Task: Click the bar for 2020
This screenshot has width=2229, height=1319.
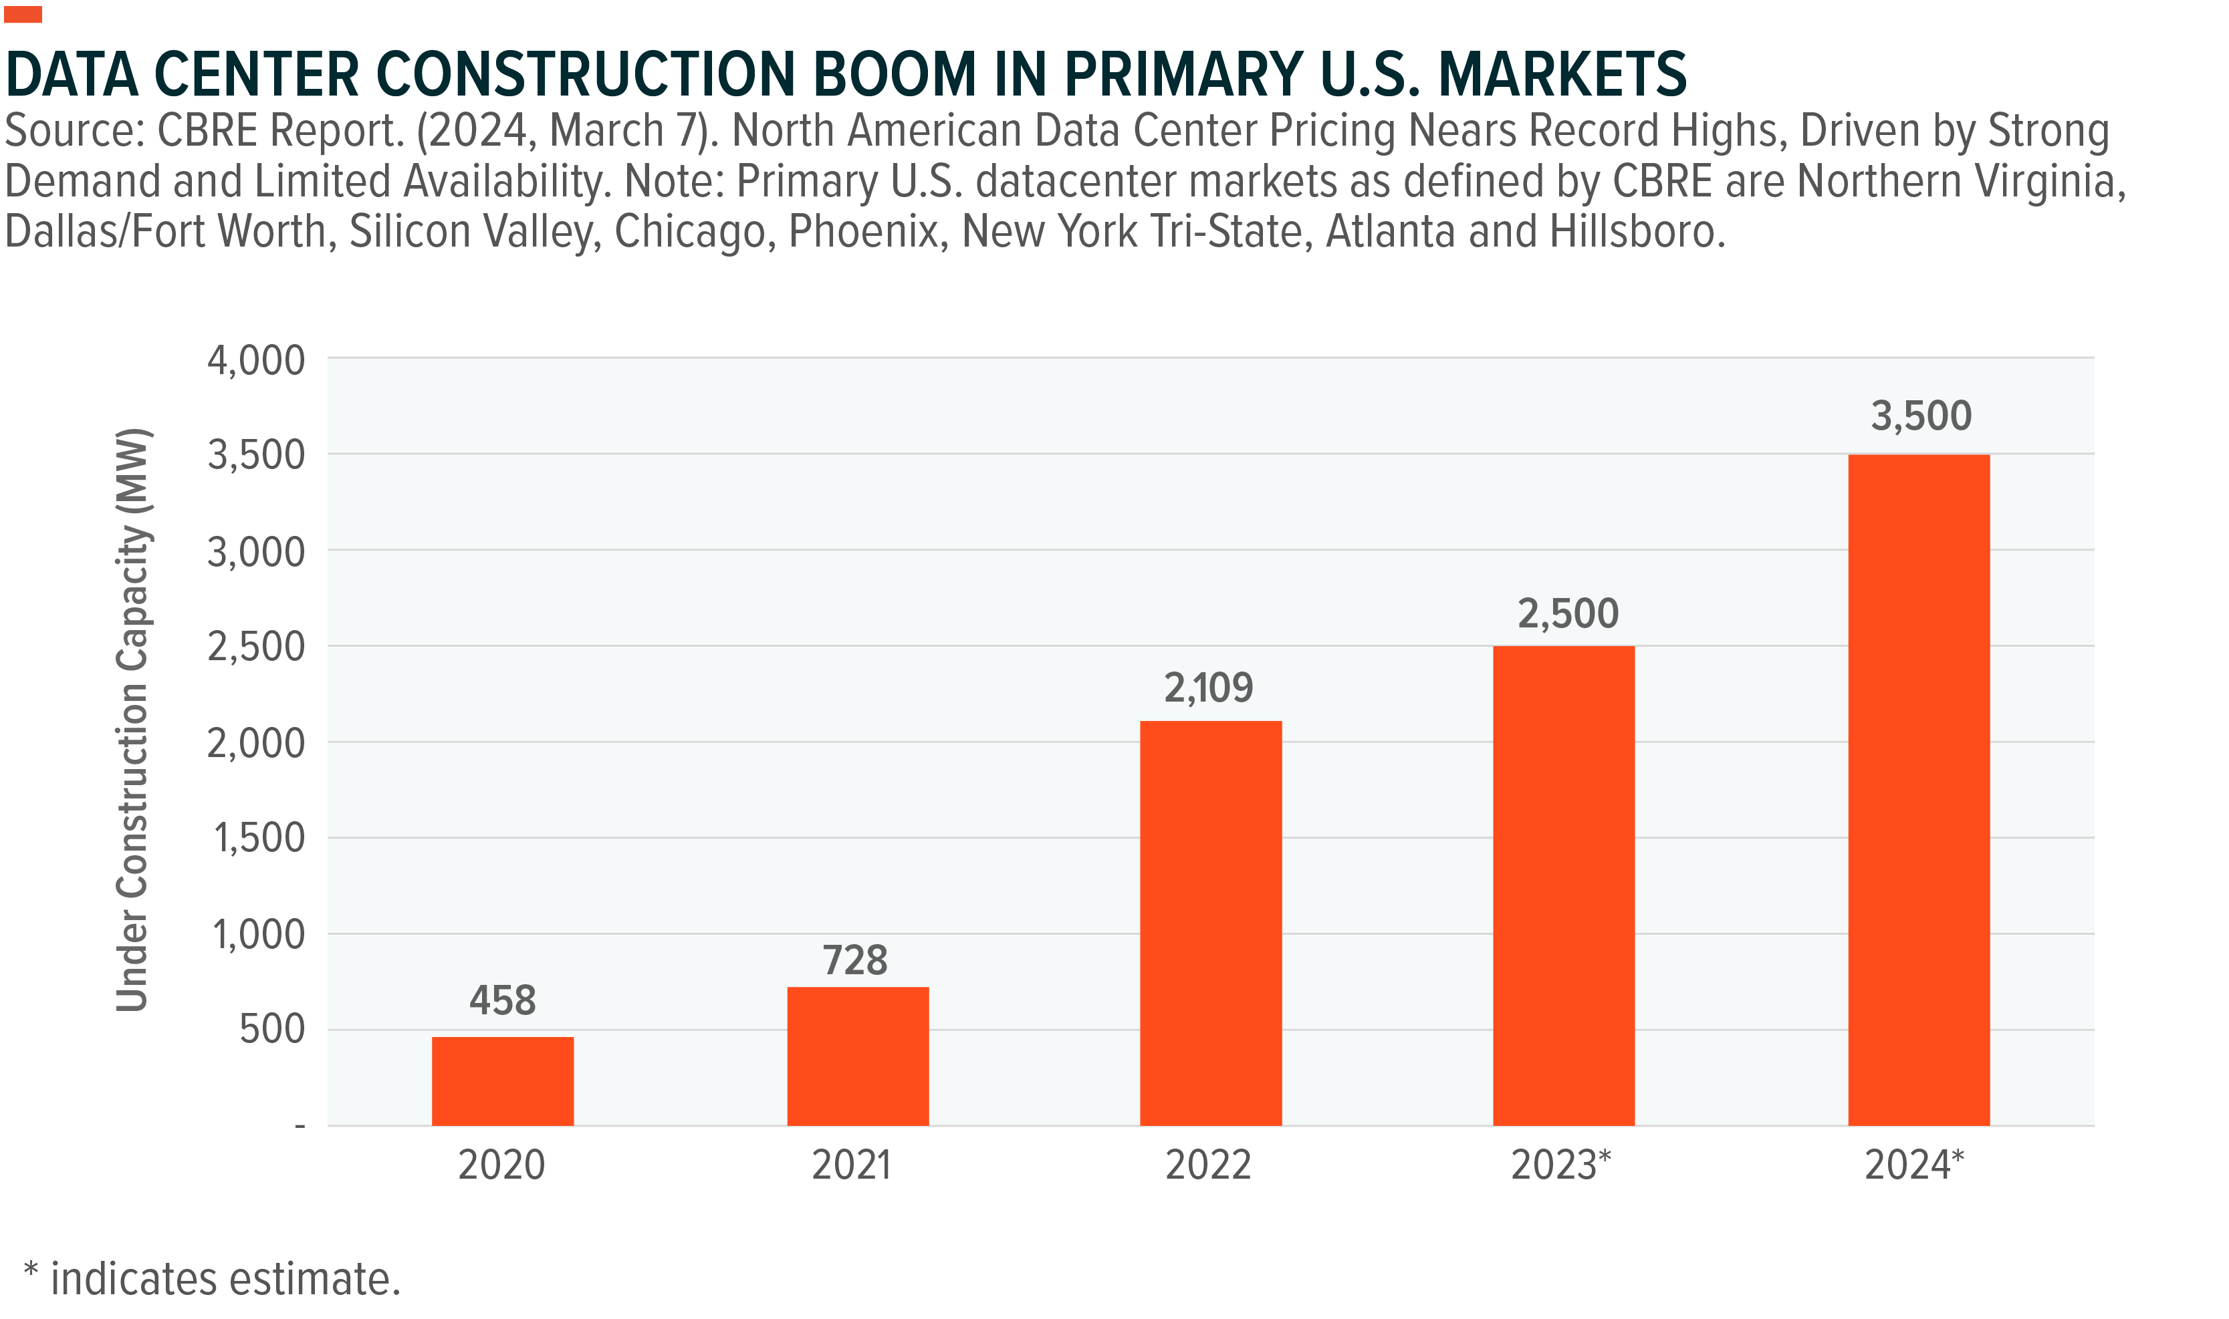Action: point(502,1081)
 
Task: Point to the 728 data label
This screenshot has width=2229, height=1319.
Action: point(854,961)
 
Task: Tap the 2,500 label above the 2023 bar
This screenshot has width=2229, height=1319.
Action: point(1568,614)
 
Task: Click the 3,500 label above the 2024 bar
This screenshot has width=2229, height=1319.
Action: point(1921,416)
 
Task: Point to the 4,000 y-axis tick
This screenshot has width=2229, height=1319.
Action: point(256,361)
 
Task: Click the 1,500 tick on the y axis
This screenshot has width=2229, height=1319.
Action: point(259,838)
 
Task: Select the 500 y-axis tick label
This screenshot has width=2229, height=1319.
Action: point(272,1029)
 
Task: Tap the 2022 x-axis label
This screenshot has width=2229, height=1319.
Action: point(1208,1165)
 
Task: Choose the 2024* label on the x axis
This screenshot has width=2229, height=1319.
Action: point(1913,1165)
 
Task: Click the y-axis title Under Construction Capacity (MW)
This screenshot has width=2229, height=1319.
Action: point(132,720)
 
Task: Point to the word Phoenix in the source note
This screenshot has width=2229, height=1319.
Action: point(863,232)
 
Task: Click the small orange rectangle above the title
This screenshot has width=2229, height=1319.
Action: point(23,14)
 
